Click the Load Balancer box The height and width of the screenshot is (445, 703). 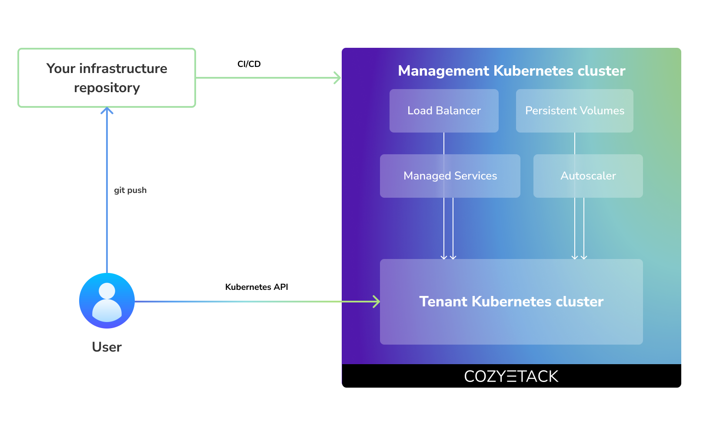coord(444,111)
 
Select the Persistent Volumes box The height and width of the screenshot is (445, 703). coord(574,111)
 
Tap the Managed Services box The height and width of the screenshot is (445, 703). coord(450,176)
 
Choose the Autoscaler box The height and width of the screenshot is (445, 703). coord(588,176)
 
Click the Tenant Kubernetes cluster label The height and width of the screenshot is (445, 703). coord(511,302)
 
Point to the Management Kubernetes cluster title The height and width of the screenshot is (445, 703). coord(511,71)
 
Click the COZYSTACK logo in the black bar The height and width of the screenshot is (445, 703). coord(511,376)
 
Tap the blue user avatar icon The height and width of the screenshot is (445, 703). coord(107,301)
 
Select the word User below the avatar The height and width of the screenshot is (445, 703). coord(107,347)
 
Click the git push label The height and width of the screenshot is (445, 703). coord(130,190)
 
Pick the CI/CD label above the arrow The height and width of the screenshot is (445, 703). coord(249,64)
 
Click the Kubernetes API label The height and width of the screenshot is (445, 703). coord(257,287)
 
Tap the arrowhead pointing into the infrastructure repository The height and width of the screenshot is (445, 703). coord(107,110)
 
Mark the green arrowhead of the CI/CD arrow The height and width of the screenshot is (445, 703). coord(338,78)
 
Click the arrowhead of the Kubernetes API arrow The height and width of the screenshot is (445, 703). coord(377,302)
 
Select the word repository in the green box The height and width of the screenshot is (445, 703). coord(107,88)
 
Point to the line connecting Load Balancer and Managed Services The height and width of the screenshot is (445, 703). coord(444,143)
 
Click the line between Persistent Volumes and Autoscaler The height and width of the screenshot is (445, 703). coord(575,143)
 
